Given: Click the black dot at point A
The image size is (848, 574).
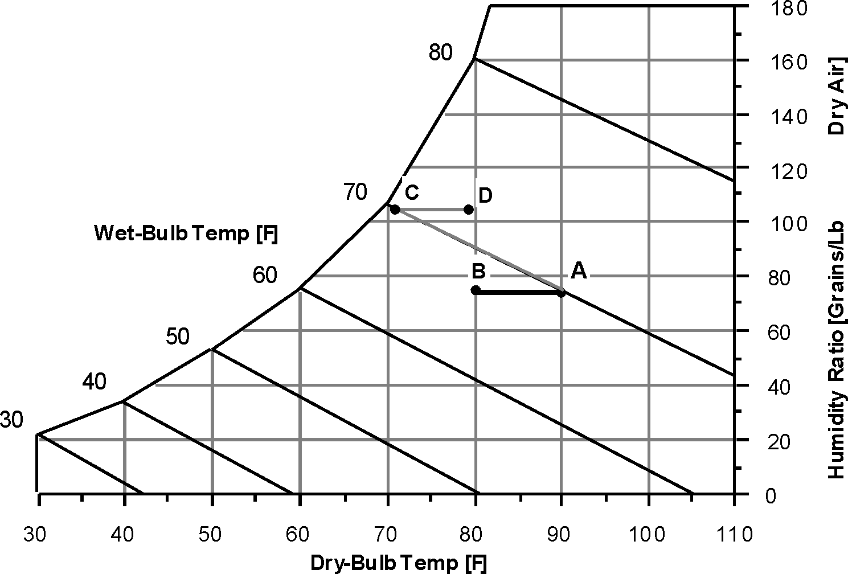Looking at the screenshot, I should pos(561,293).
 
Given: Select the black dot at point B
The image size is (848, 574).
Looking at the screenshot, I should pos(476,290).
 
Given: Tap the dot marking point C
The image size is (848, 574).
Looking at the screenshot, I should pos(395,210).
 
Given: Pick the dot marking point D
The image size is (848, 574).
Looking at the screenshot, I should pos(469,210).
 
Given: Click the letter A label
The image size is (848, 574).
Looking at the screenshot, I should pos(579,271).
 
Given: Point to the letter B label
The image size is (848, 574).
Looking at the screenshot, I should pos(477,271).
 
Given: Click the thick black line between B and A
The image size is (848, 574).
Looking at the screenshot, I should pos(518,292).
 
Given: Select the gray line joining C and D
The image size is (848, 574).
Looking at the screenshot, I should pos(432,210).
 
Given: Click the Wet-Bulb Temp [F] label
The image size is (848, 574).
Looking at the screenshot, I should pos(186,234).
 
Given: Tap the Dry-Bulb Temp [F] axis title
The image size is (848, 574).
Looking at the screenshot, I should pos(399,563).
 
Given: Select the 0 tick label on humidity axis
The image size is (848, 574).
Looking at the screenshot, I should pos(771,496).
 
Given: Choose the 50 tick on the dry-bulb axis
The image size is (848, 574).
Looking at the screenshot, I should pos(211,535).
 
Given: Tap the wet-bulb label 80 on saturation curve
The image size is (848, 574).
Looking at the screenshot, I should pos(441,53).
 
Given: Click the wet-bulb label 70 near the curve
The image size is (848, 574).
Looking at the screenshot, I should pos(355,192).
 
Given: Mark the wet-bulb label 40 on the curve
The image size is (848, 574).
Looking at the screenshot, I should pos(94,382).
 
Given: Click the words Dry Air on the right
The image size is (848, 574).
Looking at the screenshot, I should pos(835,96).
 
